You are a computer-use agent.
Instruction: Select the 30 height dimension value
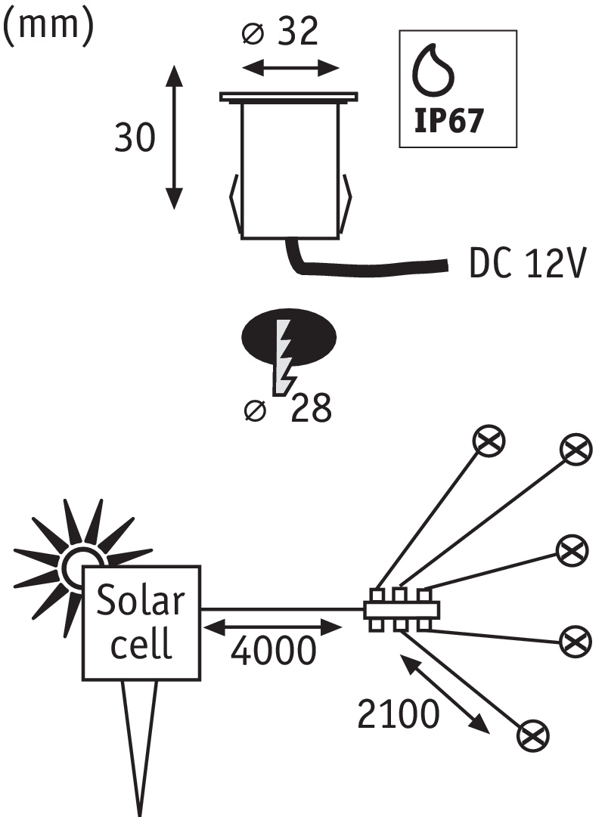tap(135, 138)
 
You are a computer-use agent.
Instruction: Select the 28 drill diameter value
tap(309, 409)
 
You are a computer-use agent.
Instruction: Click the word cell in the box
tap(141, 644)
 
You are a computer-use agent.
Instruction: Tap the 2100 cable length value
tap(399, 713)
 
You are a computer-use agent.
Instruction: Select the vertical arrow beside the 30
tap(175, 137)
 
